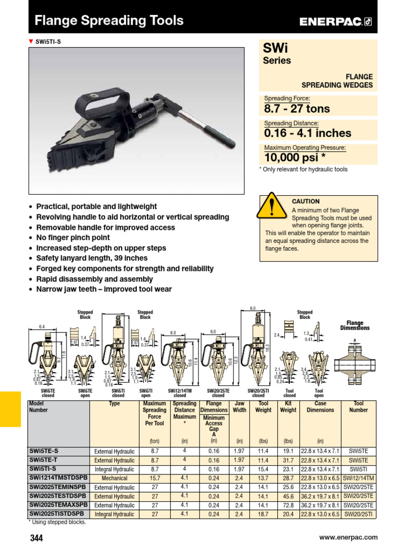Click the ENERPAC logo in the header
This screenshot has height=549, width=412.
pyautogui.click(x=335, y=21)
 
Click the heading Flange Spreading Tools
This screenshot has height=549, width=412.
pyautogui.click(x=109, y=21)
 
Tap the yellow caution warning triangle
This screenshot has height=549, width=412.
pyautogui.click(x=274, y=207)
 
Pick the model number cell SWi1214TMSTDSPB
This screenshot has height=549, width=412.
pyautogui.click(x=57, y=478)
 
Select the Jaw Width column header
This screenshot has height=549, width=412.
pyautogui.click(x=240, y=406)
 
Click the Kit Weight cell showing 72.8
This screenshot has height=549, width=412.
pyautogui.click(x=288, y=505)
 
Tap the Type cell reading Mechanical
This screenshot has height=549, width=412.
pyautogui.click(x=114, y=478)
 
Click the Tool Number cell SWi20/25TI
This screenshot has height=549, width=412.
pyautogui.click(x=358, y=514)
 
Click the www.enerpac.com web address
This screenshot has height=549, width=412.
pyautogui.click(x=348, y=537)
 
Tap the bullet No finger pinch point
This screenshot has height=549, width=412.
pyautogui.click(x=73, y=238)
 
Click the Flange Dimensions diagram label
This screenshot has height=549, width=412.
pyautogui.click(x=355, y=325)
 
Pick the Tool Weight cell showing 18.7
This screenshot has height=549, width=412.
pyautogui.click(x=263, y=514)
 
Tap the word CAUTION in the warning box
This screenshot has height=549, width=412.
pyautogui.click(x=305, y=202)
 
